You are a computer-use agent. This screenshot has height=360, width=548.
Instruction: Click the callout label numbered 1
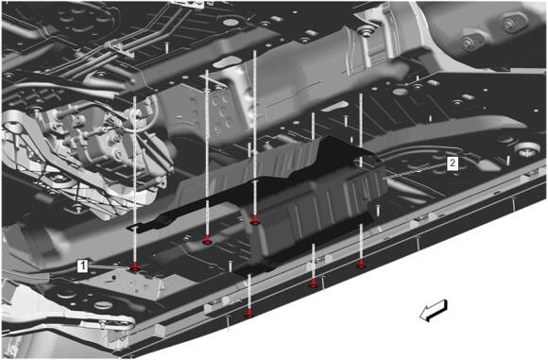pyautogui.click(x=83, y=266)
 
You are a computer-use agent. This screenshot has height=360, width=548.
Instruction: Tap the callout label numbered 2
pyautogui.click(x=453, y=163)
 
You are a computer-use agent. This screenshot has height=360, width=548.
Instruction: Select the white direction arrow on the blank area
pyautogui.click(x=434, y=310)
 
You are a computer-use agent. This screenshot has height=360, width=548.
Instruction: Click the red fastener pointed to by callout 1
pyautogui.click(x=135, y=267)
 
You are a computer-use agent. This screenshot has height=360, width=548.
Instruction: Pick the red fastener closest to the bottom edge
pyautogui.click(x=249, y=314)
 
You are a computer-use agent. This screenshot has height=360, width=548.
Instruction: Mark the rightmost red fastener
pyautogui.click(x=361, y=265)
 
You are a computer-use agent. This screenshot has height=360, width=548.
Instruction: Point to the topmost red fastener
pyautogui.click(x=255, y=222)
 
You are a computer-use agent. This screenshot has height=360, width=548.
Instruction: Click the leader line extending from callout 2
pyautogui.click(x=415, y=172)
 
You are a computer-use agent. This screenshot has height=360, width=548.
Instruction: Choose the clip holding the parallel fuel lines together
pyautogui.click(x=120, y=48)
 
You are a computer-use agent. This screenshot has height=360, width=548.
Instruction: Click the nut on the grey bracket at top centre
pyautogui.click(x=367, y=32)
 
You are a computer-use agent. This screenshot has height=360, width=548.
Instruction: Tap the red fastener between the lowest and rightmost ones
pyautogui.click(x=314, y=284)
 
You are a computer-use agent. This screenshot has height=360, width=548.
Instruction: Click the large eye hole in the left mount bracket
pyautogui.click(x=12, y=129)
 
